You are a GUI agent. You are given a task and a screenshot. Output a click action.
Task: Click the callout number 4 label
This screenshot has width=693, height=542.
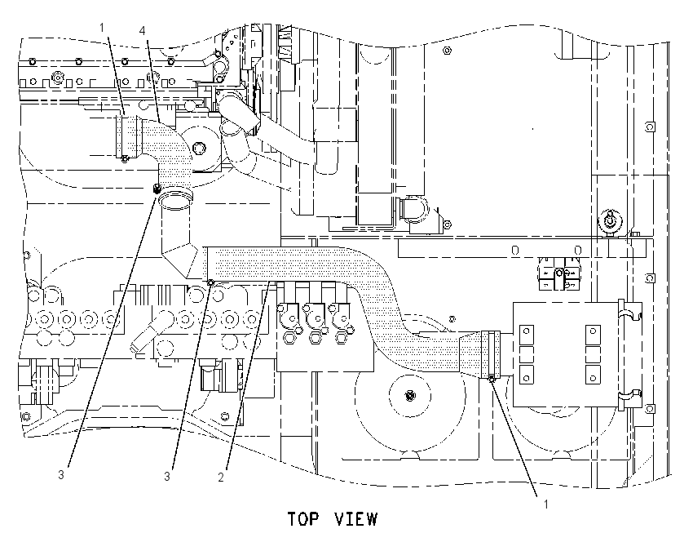tap(142, 30)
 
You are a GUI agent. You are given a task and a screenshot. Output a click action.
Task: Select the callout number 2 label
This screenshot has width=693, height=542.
tap(221, 477)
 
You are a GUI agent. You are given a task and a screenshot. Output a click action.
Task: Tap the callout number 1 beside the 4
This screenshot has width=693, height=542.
tap(102, 28)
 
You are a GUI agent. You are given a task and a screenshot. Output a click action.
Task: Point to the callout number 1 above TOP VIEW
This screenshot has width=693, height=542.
tap(545, 504)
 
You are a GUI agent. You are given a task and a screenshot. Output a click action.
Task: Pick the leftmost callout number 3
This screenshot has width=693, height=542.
tap(61, 475)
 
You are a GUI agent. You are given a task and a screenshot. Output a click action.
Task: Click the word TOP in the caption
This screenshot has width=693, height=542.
tap(302, 519)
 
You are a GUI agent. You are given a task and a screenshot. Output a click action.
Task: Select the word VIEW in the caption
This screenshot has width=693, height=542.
tap(355, 519)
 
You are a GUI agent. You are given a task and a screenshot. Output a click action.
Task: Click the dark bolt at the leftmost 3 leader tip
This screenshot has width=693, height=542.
tap(156, 189)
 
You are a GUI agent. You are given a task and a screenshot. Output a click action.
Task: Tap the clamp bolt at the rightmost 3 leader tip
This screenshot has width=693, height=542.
tap(211, 282)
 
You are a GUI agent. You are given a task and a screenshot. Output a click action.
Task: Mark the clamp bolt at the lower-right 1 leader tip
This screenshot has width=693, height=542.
tap(492, 378)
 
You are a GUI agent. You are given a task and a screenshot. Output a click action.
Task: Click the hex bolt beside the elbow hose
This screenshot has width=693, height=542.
tap(198, 148)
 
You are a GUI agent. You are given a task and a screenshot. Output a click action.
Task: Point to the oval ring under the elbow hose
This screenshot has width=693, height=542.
tap(176, 198)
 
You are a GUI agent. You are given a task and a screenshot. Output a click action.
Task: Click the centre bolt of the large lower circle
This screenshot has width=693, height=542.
tap(410, 395)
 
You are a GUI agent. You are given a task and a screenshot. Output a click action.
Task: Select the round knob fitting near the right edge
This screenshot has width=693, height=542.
tap(610, 221)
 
